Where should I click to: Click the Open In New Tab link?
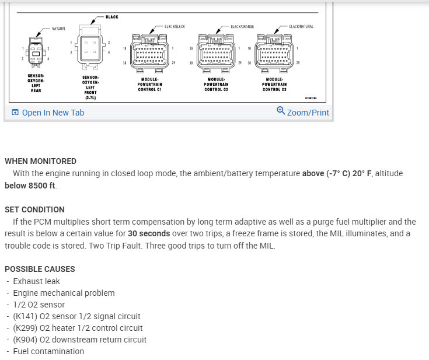(x=53, y=113)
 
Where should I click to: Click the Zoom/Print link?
(x=308, y=113)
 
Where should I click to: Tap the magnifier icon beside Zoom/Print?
(x=281, y=111)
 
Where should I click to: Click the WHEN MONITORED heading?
(x=40, y=161)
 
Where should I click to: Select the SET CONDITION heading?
(x=34, y=209)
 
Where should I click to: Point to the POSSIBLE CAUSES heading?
(x=40, y=269)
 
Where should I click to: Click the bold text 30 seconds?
(x=149, y=233)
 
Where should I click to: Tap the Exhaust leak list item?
(x=36, y=281)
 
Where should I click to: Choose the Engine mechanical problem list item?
(x=64, y=293)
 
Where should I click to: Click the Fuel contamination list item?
(x=48, y=351)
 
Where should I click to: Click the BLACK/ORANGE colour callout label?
(x=242, y=27)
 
